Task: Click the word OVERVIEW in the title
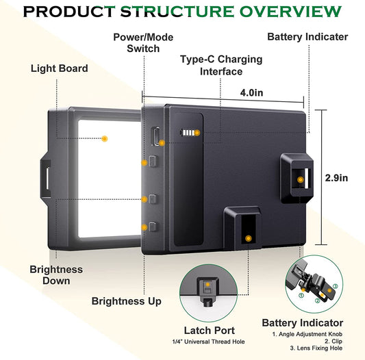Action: tap(290, 12)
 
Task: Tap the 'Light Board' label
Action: tap(60, 68)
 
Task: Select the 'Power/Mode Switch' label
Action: tap(143, 43)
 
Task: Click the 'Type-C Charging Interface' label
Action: tap(221, 66)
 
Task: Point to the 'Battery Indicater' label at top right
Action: tap(307, 37)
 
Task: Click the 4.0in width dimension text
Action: tap(251, 93)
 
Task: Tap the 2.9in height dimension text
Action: tap(336, 178)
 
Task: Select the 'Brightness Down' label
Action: tap(56, 275)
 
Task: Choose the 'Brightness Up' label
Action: tap(127, 301)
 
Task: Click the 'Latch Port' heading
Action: tap(210, 331)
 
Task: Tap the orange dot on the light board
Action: tap(105, 139)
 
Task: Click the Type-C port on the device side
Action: tap(155, 136)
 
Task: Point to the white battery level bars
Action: tap(188, 133)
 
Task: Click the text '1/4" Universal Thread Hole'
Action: tap(208, 342)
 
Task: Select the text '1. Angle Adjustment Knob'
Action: tap(307, 334)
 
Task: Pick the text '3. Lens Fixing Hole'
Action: tap(316, 348)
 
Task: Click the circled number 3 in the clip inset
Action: tap(335, 286)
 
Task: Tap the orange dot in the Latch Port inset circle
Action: tap(208, 284)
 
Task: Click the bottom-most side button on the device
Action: tap(153, 227)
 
